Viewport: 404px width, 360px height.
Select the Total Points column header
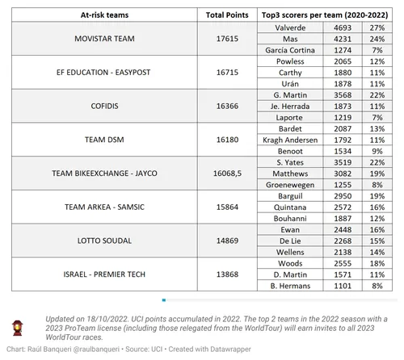[226, 15]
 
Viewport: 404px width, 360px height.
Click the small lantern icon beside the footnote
[17, 325]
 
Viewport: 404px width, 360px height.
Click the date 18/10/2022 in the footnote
[95, 319]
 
